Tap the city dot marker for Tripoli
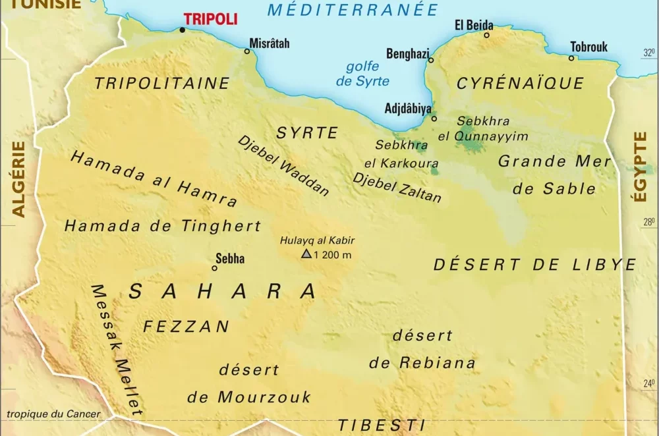coord(183,29)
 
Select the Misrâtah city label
coord(269,43)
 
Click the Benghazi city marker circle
coord(431,60)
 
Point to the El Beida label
coord(474,25)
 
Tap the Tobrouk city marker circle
coord(571,58)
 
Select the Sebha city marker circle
coord(214,268)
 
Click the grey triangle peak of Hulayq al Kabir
coord(306,254)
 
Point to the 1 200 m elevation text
coord(333,255)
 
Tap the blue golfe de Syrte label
coord(362,74)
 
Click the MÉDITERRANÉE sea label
coord(353,10)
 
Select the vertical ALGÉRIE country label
coord(19,178)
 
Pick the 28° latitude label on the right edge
coord(648,223)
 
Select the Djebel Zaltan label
coord(397,188)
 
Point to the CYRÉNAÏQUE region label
coord(521,83)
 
